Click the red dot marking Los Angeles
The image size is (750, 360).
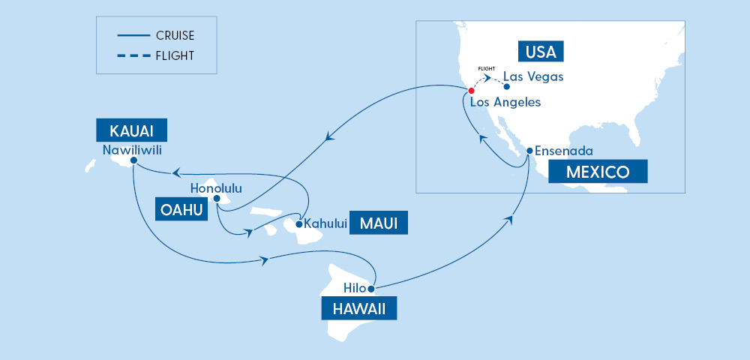471,91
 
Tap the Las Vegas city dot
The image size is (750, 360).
507,86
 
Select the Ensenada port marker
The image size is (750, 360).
529,151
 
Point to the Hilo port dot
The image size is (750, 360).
370,288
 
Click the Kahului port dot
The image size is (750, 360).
299,223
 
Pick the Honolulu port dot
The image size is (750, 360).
216,199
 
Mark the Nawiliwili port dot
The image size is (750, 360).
133,160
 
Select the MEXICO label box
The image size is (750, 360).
597,172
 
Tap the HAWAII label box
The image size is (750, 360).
356,308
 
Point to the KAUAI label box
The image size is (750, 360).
130,130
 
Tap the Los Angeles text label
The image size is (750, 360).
505,102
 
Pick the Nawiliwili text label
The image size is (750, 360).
132,148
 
